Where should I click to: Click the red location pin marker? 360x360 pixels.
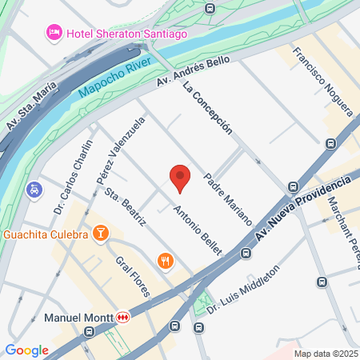[180, 177]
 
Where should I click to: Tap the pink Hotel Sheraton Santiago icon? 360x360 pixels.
[54, 32]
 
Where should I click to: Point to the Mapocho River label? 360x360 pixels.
[117, 78]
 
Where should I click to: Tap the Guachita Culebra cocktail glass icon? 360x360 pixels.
[101, 234]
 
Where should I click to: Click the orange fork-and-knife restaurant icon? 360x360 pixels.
[166, 261]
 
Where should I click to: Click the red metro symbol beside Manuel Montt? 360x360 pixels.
[122, 318]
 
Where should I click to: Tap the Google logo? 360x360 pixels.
[26, 350]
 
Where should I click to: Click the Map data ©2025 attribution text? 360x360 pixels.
[325, 354]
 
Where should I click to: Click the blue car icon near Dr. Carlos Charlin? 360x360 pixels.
[34, 190]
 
